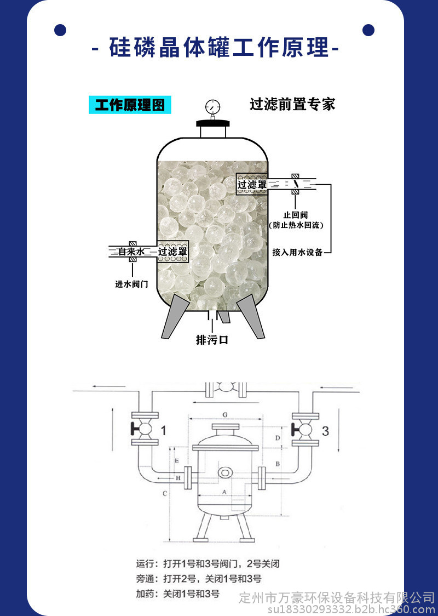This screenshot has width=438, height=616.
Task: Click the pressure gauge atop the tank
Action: pos(212,106)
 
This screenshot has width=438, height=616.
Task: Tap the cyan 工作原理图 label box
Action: pos(130,105)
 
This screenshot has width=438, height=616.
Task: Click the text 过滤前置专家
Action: pos(293,104)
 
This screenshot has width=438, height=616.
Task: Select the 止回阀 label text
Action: pos(296,215)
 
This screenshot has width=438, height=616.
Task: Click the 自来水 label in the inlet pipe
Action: pos(131,252)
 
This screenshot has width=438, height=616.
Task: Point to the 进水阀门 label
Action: pos(132,284)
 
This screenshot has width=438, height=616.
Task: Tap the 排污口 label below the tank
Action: pos(212,339)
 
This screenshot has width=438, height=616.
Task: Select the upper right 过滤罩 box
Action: pos(252,184)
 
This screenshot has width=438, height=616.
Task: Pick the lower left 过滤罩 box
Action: pos(172,252)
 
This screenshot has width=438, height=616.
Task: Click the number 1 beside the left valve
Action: pos(164,431)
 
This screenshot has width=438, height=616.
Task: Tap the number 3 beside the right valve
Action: pos(325,431)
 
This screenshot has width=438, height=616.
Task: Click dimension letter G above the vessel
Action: pos(225,415)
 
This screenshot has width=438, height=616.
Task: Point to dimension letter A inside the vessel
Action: pos(224,492)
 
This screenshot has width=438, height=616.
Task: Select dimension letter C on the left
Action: pos(165,493)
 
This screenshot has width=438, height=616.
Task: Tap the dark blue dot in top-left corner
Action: pos(60,30)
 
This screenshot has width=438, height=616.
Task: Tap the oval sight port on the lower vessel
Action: pos(225,472)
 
